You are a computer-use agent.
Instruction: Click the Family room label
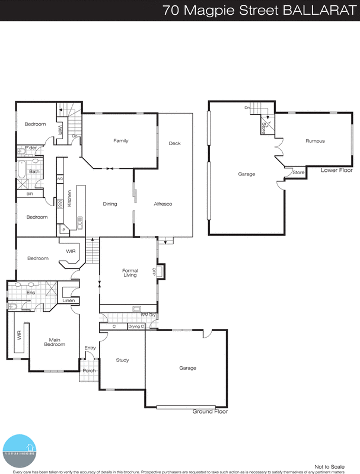[121, 140]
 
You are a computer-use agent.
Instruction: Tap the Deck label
[174, 143]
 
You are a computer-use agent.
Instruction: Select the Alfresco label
[163, 204]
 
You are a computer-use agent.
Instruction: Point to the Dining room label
[110, 204]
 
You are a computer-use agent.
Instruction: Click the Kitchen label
[69, 197]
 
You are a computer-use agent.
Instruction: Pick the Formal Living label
[130, 273]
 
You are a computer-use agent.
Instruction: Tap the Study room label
[122, 360]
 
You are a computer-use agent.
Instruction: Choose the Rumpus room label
[315, 141]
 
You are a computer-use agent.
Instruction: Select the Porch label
[89, 371]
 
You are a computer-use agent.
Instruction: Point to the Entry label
[90, 348]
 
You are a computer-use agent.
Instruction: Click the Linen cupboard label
[69, 300]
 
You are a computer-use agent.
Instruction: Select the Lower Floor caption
[336, 170]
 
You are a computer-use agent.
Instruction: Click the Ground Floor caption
[210, 411]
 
